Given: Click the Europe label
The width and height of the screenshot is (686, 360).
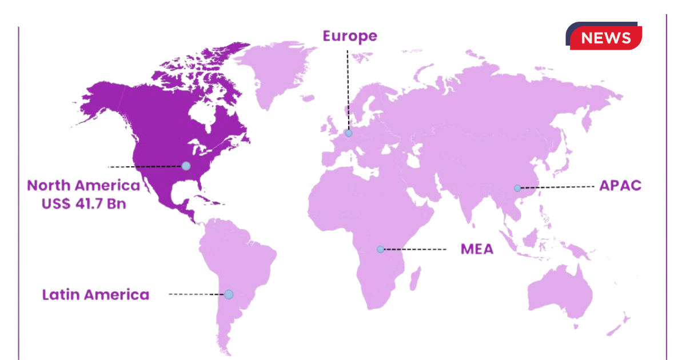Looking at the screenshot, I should (x=350, y=36).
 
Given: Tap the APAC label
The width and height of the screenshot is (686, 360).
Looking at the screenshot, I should (x=620, y=186).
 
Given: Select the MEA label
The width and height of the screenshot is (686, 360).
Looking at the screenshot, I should (x=477, y=249).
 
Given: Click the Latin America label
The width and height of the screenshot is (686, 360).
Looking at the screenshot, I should (x=95, y=295).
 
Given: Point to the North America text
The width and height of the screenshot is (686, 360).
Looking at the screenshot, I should (x=83, y=186).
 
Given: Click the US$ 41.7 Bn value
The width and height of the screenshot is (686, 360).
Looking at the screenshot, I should (x=83, y=203).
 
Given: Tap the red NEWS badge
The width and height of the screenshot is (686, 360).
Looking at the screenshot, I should (x=605, y=38).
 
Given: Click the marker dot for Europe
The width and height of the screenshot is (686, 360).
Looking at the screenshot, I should (x=349, y=133).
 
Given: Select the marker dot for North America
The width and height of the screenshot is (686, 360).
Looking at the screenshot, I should (x=186, y=166).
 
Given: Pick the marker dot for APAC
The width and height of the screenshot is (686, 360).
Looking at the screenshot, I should (x=517, y=188).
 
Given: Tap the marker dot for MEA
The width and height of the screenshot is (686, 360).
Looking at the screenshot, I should (x=380, y=249).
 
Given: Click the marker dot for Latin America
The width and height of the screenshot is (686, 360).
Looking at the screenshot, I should (x=229, y=294).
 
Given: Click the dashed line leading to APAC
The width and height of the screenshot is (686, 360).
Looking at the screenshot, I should (x=557, y=187).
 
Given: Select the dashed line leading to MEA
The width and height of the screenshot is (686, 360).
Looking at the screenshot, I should (x=414, y=249).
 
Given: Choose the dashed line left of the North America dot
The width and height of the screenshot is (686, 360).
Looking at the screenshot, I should (x=146, y=166).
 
